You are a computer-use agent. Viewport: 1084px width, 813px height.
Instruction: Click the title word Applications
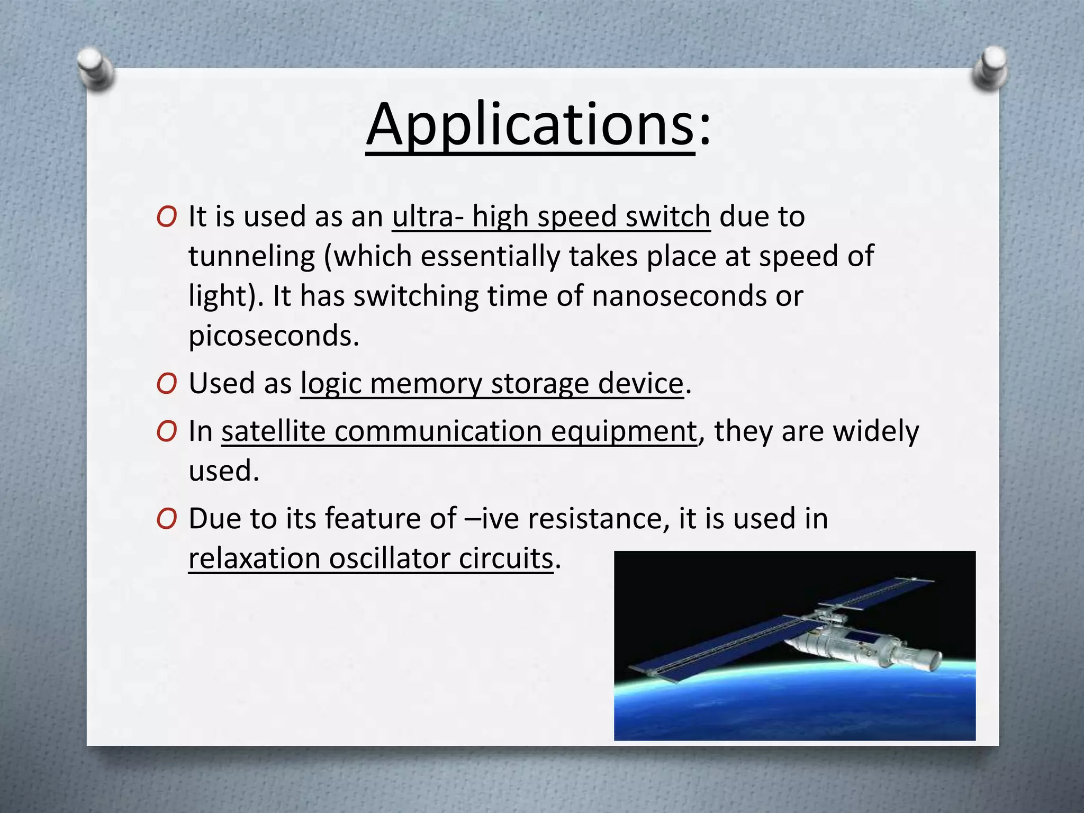tap(529, 126)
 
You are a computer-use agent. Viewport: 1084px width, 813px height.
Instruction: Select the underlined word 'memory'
tap(426, 384)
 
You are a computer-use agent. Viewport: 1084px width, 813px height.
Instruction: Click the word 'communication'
tap(438, 431)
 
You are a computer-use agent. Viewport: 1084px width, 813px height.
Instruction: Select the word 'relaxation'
tap(254, 559)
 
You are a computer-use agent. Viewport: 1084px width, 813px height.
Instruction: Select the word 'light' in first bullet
tap(217, 296)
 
